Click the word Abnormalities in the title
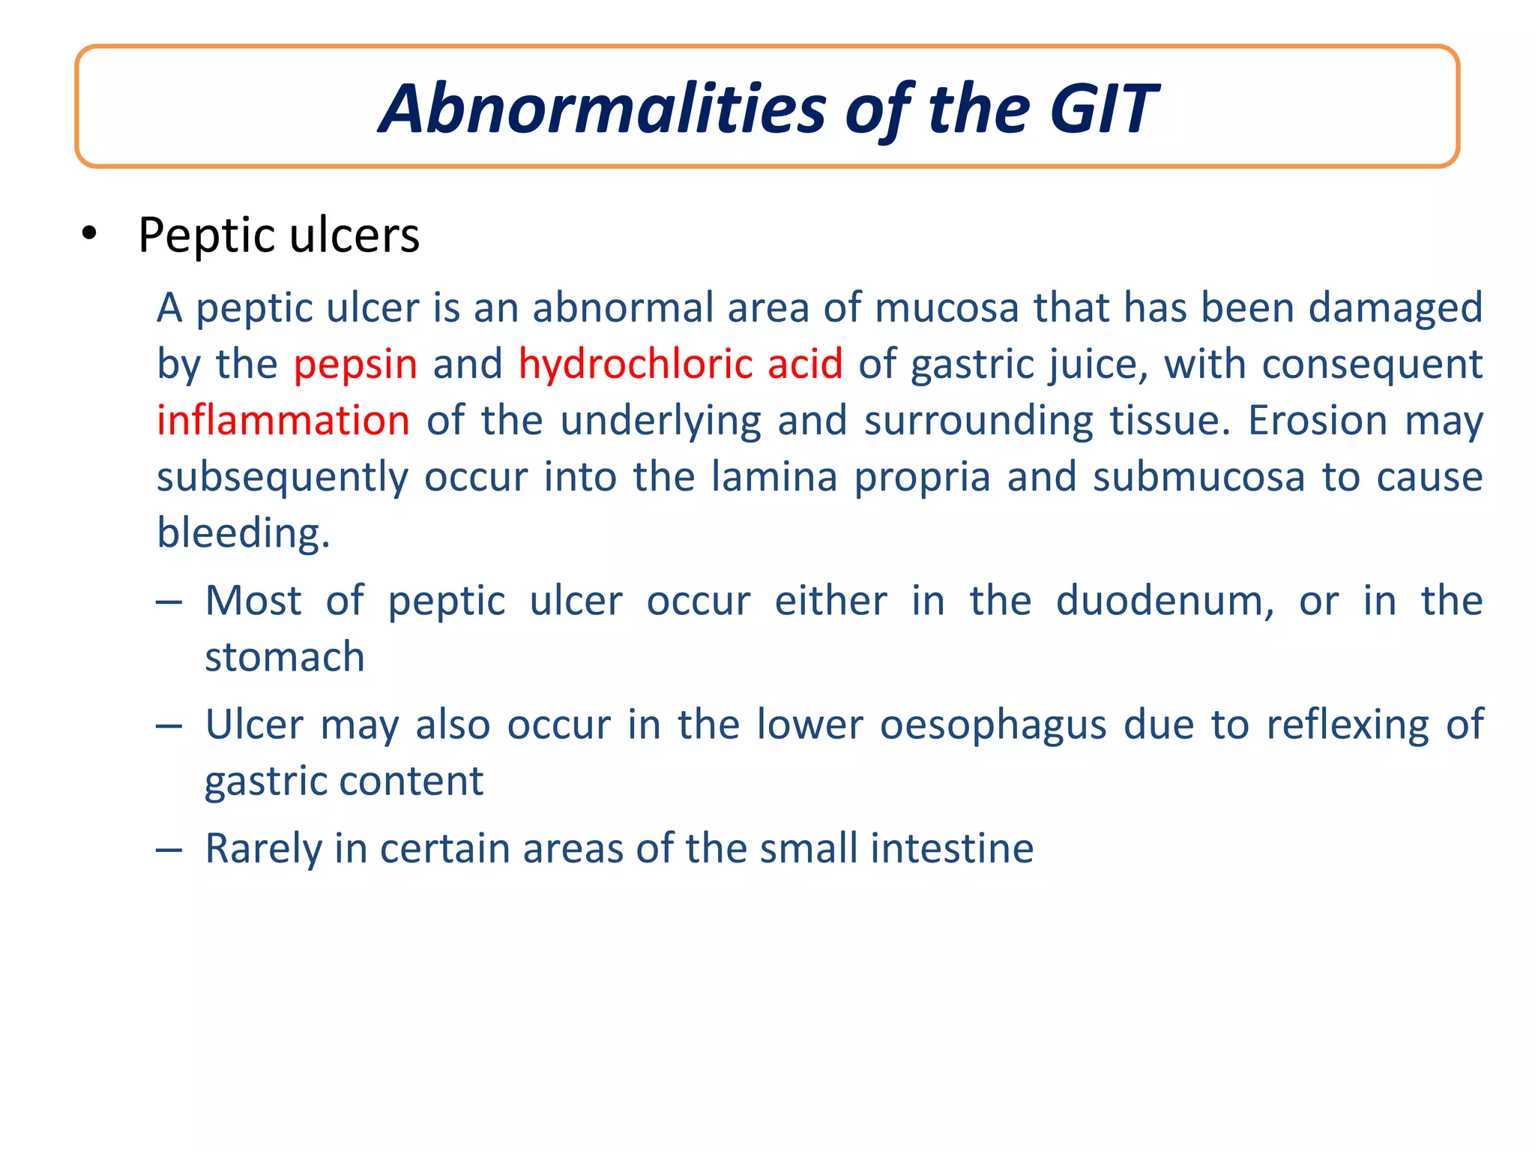[603, 109]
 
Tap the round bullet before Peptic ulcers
[90, 234]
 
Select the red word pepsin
[355, 364]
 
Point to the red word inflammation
[283, 420]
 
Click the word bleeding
[243, 533]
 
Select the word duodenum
[1164, 601]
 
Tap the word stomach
[285, 658]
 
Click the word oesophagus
[992, 725]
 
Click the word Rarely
[263, 848]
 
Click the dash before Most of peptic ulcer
[169, 602]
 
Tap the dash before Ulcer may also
[169, 726]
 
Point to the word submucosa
[1198, 477]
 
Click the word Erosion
[1317, 420]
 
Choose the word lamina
[773, 477]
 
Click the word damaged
[1395, 308]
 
